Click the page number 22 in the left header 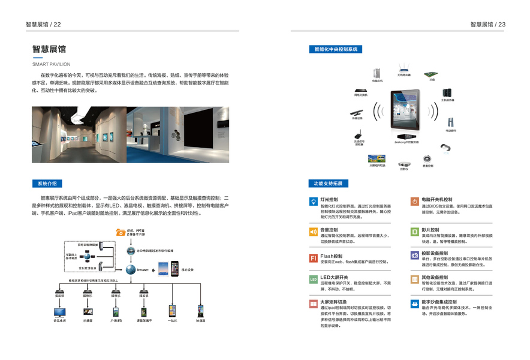57,25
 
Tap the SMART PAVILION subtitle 51,64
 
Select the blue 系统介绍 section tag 47,184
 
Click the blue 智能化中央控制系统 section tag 335,49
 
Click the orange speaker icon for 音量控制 313,232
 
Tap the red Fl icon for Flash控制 313,258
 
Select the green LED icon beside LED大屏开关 313,280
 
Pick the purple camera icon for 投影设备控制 414,256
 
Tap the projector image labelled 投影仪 404,163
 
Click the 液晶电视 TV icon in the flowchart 60,312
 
